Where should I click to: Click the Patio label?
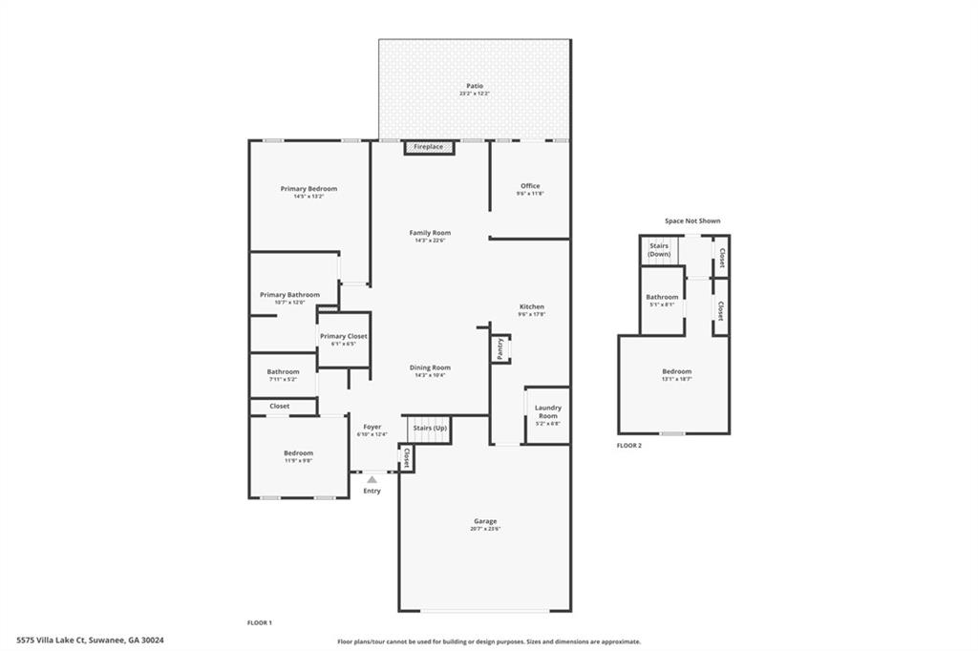(x=475, y=86)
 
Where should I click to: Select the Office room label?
(x=530, y=186)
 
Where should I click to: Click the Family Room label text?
(x=430, y=233)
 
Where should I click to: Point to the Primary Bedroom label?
(x=308, y=189)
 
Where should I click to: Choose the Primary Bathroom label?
(x=289, y=295)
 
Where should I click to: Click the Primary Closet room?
(x=343, y=340)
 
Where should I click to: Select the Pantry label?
(x=500, y=349)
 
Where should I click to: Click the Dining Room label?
(x=430, y=367)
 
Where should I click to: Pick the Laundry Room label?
(x=548, y=412)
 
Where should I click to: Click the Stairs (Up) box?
(x=429, y=429)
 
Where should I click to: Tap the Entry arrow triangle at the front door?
(x=372, y=479)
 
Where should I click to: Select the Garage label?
(x=485, y=521)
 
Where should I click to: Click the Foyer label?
(x=372, y=427)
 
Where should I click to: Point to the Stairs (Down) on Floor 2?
(x=659, y=250)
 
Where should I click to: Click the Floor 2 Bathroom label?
(x=662, y=297)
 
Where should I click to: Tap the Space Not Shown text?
(x=692, y=220)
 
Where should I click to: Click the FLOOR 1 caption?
(x=260, y=622)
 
